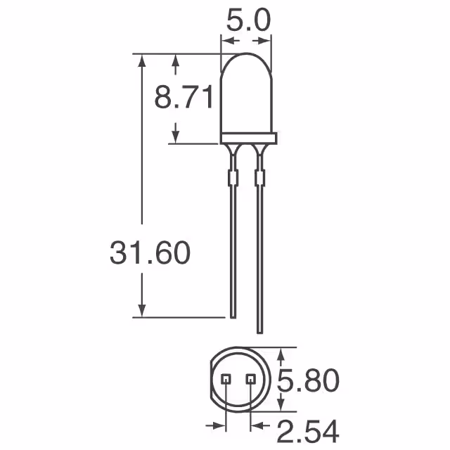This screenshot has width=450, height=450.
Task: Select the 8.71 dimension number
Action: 184,98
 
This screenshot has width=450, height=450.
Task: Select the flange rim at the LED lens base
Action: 247,139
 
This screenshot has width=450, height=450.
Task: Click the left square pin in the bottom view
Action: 226,379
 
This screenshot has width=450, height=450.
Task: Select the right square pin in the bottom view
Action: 250,379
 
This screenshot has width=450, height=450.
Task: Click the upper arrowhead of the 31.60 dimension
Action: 143,60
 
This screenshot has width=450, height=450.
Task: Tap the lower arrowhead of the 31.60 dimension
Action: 143,310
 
